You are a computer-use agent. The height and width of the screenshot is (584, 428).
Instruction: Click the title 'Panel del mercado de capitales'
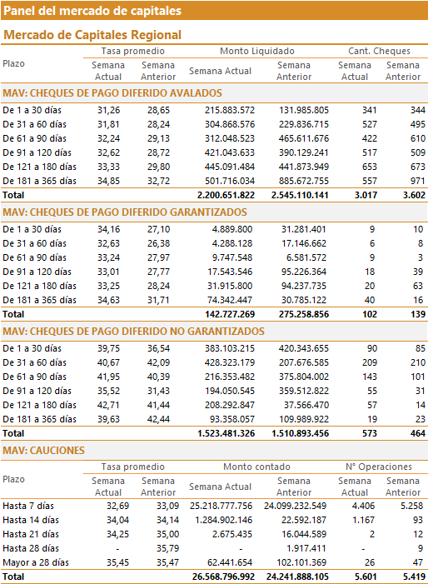(92, 11)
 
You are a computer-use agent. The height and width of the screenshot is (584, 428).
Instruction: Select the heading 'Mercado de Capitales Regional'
(92, 35)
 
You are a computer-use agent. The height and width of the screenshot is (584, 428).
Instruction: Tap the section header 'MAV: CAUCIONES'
(43, 451)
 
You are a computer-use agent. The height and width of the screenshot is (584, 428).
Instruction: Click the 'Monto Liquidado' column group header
(256, 51)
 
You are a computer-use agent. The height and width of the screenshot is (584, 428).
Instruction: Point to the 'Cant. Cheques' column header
(379, 51)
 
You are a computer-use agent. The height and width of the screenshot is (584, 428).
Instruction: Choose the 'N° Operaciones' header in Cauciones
(379, 467)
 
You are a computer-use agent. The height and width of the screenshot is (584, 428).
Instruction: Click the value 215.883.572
(230, 110)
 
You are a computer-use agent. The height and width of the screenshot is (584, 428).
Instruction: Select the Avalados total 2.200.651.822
(226, 195)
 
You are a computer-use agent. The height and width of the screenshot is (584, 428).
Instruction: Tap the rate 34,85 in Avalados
(109, 181)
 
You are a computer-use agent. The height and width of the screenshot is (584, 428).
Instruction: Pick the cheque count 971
(418, 181)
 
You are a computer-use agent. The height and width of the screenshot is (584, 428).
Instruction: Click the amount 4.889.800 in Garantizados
(232, 229)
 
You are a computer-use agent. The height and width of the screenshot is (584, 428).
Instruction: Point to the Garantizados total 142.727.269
(230, 314)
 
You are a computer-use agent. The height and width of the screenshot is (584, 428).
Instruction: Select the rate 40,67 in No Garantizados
(109, 362)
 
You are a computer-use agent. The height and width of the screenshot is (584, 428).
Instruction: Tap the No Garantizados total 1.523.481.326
(226, 433)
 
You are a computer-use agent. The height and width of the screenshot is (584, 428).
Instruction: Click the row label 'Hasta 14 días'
(31, 520)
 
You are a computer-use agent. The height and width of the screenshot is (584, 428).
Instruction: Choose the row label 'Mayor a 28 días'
(36, 562)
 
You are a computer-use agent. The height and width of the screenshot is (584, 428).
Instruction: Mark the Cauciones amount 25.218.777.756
(221, 506)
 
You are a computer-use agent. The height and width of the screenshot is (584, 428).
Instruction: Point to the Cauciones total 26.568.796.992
(223, 577)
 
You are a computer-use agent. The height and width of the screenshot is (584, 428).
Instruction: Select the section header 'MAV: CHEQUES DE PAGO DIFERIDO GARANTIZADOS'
(125, 212)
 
